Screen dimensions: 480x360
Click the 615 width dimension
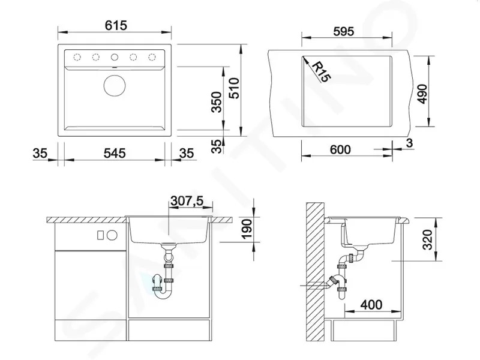pyautogui.click(x=116, y=25)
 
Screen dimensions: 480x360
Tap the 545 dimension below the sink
pyautogui.click(x=115, y=153)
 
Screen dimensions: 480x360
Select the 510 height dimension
pyautogui.click(x=235, y=88)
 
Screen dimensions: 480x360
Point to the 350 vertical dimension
pyautogui.click(x=217, y=102)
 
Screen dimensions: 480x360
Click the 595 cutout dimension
pyautogui.click(x=343, y=31)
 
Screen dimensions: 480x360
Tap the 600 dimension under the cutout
pyautogui.click(x=340, y=149)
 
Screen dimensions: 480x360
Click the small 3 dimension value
pyautogui.click(x=410, y=143)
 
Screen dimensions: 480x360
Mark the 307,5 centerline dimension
pyautogui.click(x=187, y=201)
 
